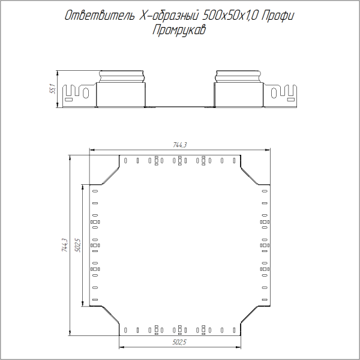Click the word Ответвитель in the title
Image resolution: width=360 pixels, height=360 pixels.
point(98,17)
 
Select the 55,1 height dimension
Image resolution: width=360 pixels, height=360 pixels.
point(52,89)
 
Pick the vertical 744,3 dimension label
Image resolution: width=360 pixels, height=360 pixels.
point(65,246)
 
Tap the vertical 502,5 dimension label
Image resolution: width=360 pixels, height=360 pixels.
point(77,246)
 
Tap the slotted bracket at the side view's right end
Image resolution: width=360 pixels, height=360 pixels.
point(283,94)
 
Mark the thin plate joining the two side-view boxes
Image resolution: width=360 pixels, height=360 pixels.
point(180,106)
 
